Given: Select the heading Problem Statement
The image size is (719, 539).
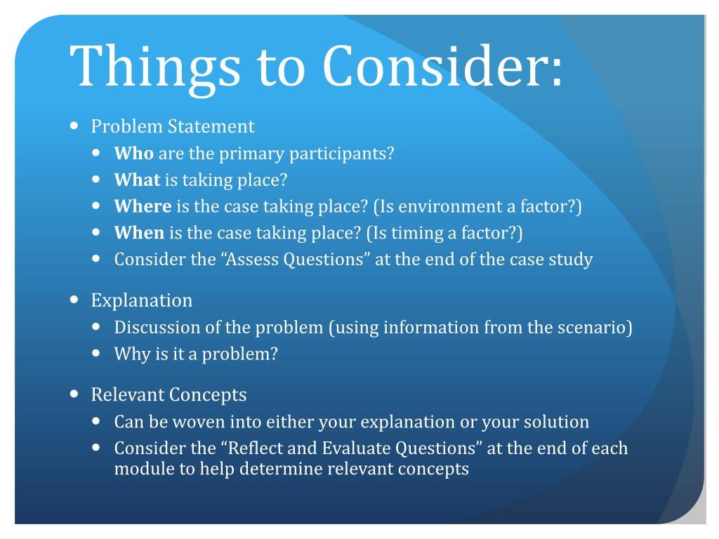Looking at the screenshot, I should coord(173,127).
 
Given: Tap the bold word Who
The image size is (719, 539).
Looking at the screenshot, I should coord(134,154).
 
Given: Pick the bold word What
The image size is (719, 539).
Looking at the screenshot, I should coord(138,180).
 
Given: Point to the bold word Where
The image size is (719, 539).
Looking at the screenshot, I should coord(143,206).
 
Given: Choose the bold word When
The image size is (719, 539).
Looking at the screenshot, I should coord(139,233).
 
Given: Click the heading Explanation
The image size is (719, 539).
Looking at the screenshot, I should coord(142,301).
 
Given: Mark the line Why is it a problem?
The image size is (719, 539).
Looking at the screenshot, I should coord(197,354).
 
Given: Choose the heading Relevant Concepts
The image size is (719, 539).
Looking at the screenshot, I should coord(169,395).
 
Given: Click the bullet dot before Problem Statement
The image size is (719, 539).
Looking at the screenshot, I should coord(75,127).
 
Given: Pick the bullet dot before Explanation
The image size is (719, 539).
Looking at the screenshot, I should coord(75,300).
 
